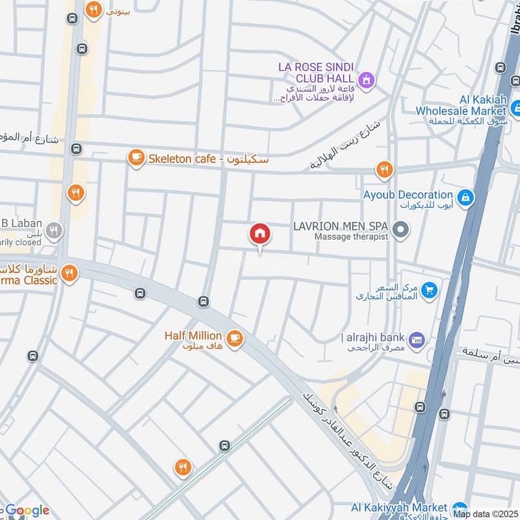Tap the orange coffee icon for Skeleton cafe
tap(135, 158)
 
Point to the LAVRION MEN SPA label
tap(341, 226)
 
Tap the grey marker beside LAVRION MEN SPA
tap(401, 228)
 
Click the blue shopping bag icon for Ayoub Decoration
tap(465, 196)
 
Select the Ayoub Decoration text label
tap(408, 194)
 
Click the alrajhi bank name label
tap(373, 337)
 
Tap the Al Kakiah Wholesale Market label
tap(461, 105)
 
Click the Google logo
tap(27, 510)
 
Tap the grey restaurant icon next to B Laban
tap(56, 230)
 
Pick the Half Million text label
tap(192, 335)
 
